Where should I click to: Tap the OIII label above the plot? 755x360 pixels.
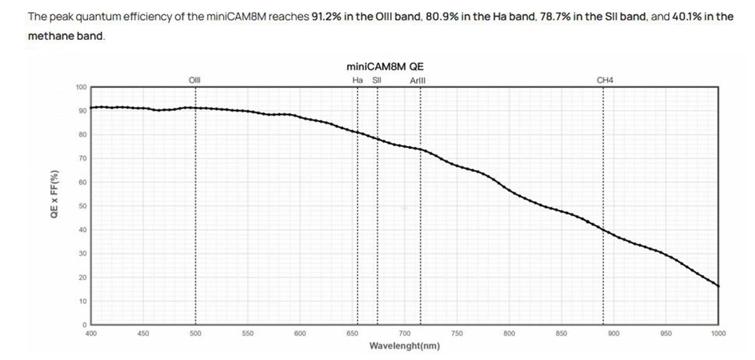[x=195, y=79]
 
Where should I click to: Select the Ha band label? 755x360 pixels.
[x=357, y=79]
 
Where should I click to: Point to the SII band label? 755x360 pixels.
[x=377, y=79]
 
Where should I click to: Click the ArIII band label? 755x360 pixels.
[x=418, y=79]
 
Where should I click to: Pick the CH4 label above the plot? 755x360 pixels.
[x=606, y=79]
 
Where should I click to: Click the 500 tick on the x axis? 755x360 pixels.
[x=195, y=333]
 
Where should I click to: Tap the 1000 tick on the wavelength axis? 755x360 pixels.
[x=718, y=333]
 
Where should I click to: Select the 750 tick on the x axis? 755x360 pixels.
[x=457, y=333]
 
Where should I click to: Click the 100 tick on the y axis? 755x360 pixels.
[x=81, y=86]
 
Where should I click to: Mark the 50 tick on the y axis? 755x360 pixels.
[x=83, y=206]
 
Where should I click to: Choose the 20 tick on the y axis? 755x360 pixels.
[x=83, y=277]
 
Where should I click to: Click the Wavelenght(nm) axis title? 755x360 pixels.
[x=404, y=346]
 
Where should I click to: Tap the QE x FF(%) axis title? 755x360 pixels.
[x=54, y=193]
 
